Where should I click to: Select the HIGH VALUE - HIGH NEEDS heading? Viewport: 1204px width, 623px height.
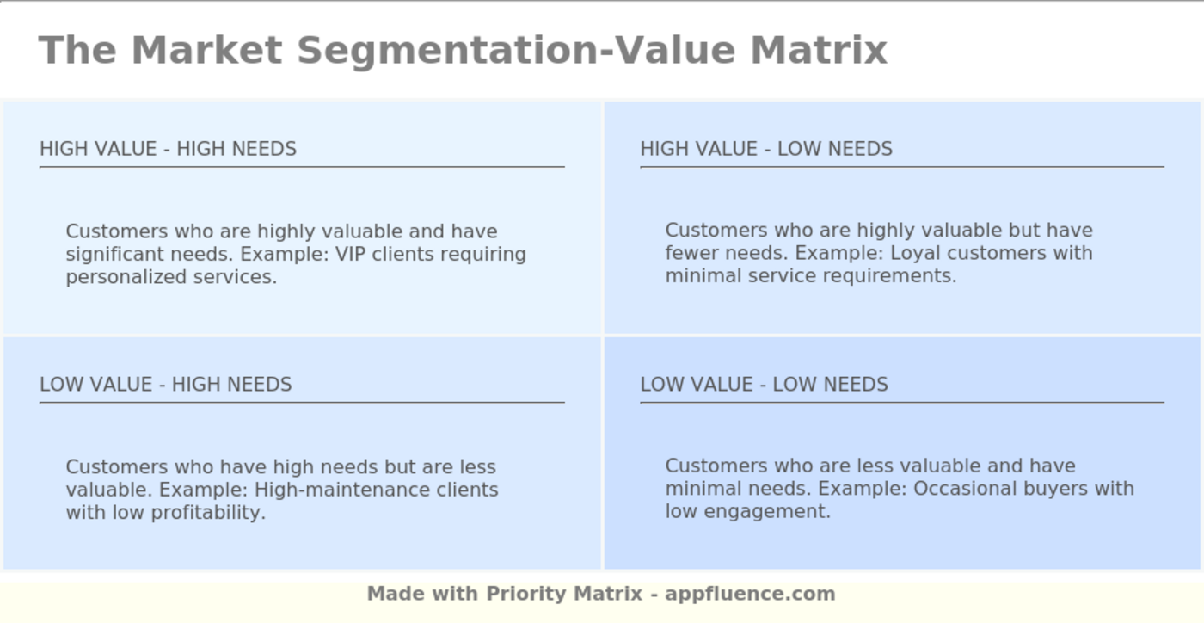coord(168,149)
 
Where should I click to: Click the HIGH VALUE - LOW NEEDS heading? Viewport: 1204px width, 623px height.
coord(766,149)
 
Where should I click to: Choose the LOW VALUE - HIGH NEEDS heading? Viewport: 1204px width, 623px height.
coord(165,384)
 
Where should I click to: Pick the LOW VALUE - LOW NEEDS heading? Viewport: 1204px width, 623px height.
coord(764,384)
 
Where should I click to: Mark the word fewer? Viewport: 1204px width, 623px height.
coord(691,253)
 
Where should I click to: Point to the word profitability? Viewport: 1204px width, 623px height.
coord(208,512)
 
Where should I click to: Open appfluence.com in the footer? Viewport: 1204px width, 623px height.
coord(750,594)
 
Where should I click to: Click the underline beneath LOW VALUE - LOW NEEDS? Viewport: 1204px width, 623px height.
coord(901,402)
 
